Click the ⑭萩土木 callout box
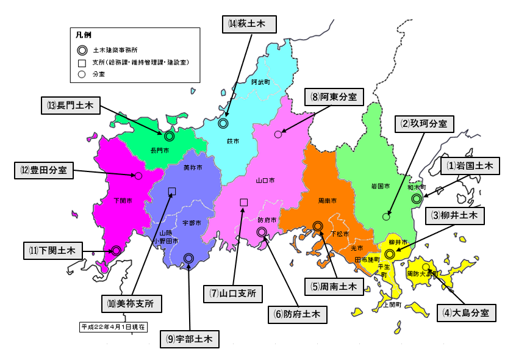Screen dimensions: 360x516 pos(249,24)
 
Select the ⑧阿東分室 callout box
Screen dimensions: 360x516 pos(334,96)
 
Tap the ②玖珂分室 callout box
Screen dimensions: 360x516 pos(423,123)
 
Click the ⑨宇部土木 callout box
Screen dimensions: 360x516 pos(190,339)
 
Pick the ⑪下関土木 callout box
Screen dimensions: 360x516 pos(53,250)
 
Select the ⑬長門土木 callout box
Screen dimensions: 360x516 pos(70,105)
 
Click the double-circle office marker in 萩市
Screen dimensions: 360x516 pos(223,124)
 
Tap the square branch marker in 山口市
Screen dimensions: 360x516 pos(244,202)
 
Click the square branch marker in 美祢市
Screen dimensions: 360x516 pos(172,191)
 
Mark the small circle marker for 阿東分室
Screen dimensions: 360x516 pos(278,134)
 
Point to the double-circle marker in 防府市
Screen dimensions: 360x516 pos(262,232)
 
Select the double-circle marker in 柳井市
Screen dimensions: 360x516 pos(390,254)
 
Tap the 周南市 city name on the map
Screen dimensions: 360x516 pos(327,200)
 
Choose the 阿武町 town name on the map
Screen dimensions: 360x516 pos(260,81)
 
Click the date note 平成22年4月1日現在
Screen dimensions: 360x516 pos(113,326)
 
